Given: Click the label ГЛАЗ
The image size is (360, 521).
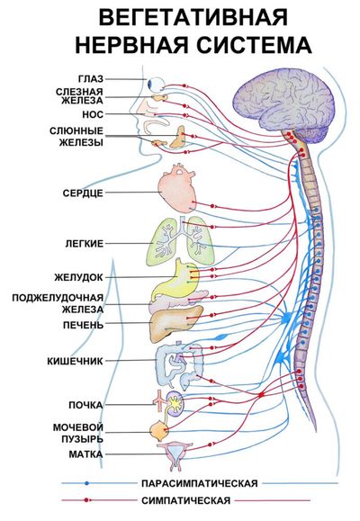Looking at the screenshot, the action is point(91,79).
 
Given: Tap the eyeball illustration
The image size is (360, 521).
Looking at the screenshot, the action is point(157,84).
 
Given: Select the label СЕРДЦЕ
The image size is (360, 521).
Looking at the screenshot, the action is point(83,193).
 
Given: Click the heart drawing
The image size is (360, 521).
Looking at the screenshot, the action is point(175,188).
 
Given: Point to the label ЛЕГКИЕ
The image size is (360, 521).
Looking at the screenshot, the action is point(84,244).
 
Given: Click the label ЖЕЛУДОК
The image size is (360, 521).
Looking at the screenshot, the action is point(79,277).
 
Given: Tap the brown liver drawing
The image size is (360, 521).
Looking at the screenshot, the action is point(175,324).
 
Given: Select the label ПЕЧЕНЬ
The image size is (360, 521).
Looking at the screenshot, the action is point(84,325).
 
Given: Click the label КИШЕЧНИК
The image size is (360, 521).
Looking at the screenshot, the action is point(75,361).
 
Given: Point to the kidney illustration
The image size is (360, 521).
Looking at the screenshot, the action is point(175,403).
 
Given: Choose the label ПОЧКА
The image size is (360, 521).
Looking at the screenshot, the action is point(85,405).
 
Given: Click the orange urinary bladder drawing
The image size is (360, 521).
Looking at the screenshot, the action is point(159,431).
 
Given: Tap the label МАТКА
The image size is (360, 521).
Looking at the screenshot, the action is point(85,454).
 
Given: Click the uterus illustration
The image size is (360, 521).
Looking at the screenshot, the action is point(175,456).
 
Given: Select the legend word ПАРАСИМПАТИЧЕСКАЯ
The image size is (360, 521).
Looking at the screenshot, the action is point(200,483).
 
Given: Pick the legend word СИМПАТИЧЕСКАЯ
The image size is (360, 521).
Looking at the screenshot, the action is point(185,500).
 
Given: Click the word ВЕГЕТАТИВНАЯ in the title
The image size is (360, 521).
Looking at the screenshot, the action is point(193,17).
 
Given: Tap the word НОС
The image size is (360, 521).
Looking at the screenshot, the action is point(93,114).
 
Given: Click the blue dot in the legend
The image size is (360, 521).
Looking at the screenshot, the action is point(86,483).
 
